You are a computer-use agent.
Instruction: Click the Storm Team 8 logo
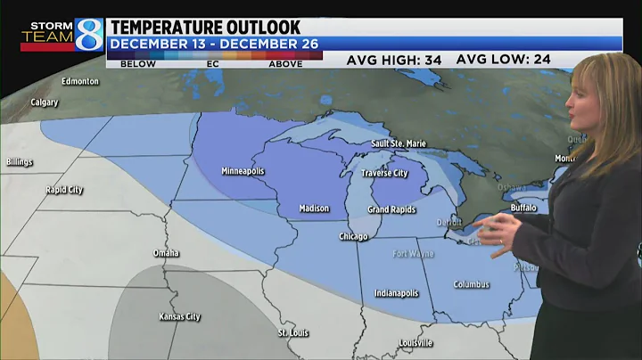[x=62, y=35]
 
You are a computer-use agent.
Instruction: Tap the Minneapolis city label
[x=243, y=171]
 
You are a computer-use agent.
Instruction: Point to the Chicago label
[x=353, y=236]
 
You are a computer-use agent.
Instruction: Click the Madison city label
[x=314, y=209]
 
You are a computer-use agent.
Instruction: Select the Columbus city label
[x=472, y=284]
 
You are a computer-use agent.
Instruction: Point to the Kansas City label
[x=179, y=316]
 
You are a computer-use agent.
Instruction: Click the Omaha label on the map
[x=166, y=253]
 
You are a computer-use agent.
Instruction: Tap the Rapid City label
[x=64, y=190]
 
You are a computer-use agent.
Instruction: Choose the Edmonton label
[x=80, y=81]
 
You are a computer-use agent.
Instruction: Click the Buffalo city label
[x=524, y=207]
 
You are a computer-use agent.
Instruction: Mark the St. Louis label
[x=293, y=333]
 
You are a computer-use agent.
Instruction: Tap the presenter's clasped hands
[x=506, y=239]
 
